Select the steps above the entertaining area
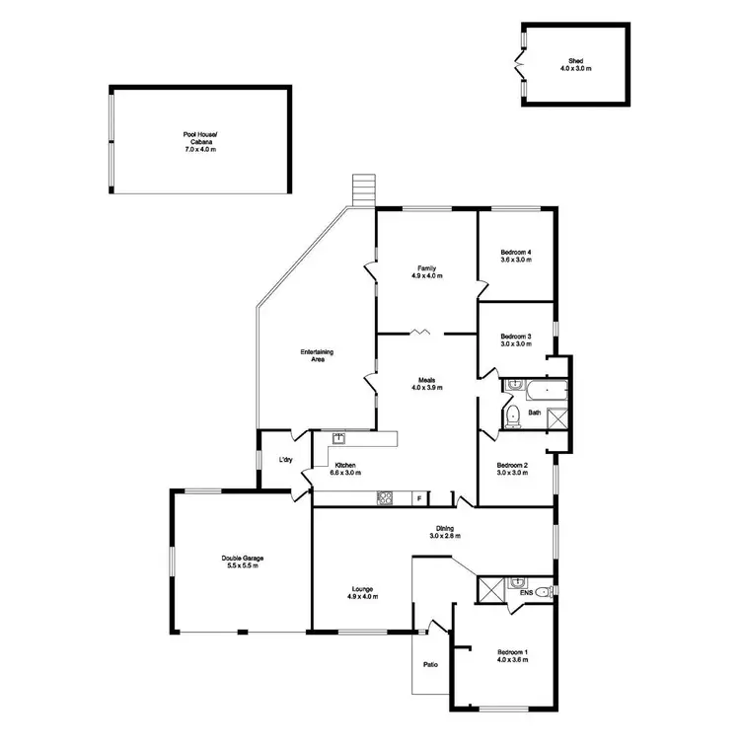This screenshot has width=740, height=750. pos(365,191)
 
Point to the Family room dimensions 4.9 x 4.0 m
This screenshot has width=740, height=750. pos(427,276)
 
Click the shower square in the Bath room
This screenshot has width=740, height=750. pos(557,417)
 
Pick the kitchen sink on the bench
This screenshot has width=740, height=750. pos(338,437)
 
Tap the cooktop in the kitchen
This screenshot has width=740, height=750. pos(385,498)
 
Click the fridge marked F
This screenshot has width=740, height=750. pos(418,499)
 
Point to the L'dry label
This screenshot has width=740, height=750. pos(286,461)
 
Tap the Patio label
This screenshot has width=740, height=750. pos(431,664)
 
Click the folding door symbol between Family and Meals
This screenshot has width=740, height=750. pos(421,333)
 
